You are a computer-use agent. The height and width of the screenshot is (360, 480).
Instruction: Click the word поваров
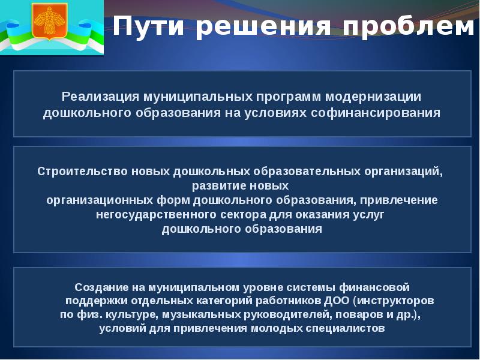click(358, 314)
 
